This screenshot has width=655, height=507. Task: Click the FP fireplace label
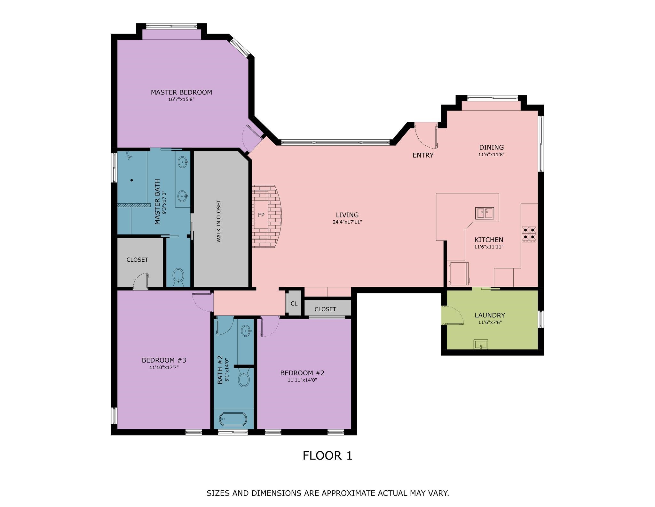click(x=261, y=215)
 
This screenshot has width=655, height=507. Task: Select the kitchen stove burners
click(x=529, y=234)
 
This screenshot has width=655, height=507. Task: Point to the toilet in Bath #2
click(x=244, y=378)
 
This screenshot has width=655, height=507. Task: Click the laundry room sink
click(x=481, y=344)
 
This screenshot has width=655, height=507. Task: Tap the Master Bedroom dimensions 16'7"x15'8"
click(x=181, y=99)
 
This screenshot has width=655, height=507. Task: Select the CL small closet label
click(x=294, y=303)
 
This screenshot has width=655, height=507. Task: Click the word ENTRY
click(x=423, y=155)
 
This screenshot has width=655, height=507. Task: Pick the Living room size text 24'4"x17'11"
click(x=347, y=222)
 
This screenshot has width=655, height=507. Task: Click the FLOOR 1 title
click(x=327, y=455)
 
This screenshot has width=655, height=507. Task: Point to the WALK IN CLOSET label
click(x=219, y=221)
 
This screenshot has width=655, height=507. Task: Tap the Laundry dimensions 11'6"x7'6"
click(x=490, y=322)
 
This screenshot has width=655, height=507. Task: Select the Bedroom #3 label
click(x=164, y=360)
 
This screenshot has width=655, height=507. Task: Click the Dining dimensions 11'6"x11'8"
click(x=491, y=154)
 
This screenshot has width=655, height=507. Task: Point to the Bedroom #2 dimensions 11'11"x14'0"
click(x=302, y=380)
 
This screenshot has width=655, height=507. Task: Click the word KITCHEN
click(x=489, y=240)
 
